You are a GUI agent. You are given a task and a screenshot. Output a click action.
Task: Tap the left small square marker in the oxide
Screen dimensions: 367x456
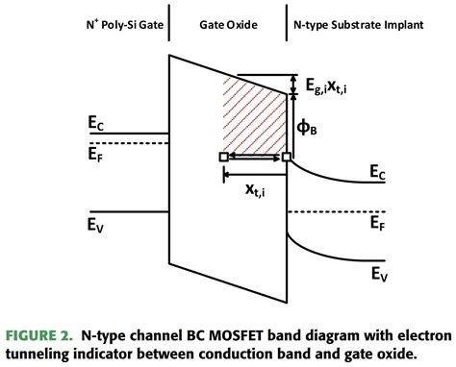click(223, 157)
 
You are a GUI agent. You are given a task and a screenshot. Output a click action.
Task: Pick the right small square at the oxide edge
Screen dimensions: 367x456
click(286, 157)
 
